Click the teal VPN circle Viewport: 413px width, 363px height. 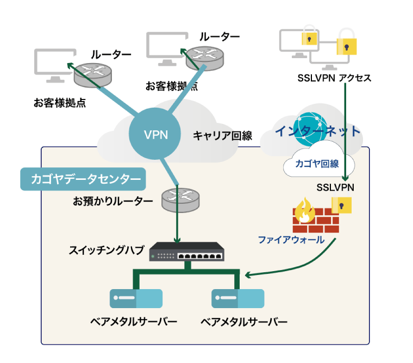coord(155,135)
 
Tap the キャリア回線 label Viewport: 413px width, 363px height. coord(223,136)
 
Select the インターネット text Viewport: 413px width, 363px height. coord(317,131)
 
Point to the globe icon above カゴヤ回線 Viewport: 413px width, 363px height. coord(308,128)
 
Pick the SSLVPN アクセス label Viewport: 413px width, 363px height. coord(334,78)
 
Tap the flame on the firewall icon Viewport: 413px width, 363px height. coord(303,211)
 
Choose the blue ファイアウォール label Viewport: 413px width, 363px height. coord(291,239)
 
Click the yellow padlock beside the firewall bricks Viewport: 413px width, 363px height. coord(342,205)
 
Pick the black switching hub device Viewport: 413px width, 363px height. coord(187,252)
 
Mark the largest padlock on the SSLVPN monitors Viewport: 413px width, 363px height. coord(346,44)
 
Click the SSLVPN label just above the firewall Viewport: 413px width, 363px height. coord(335,187)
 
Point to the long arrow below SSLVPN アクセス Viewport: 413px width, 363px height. coord(346,130)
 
